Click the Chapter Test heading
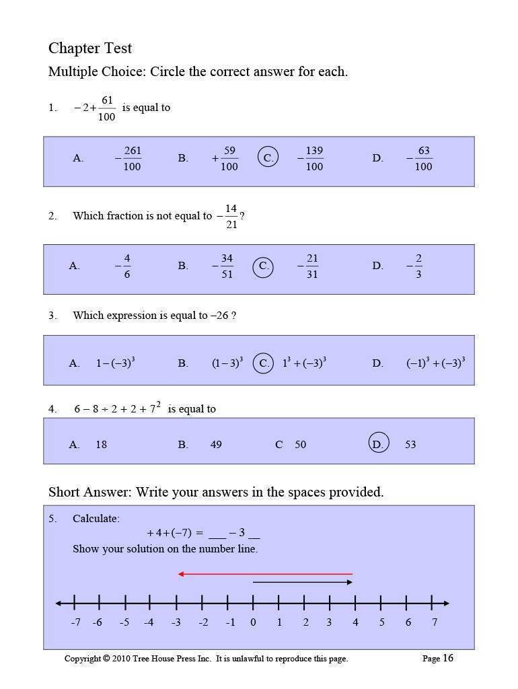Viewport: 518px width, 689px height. (x=90, y=48)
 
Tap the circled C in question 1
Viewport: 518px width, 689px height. (x=268, y=158)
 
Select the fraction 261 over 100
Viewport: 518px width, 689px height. (x=132, y=159)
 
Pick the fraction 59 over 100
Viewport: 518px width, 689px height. (x=229, y=159)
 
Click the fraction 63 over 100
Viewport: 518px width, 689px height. (x=423, y=159)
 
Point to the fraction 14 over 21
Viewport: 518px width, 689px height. (x=231, y=217)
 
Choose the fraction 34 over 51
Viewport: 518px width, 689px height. (x=227, y=266)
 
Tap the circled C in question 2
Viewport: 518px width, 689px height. (x=264, y=266)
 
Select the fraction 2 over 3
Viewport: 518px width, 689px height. (x=418, y=266)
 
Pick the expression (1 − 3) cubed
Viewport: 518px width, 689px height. (x=227, y=363)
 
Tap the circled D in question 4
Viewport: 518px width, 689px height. (x=379, y=444)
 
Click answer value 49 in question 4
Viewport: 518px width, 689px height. (x=216, y=445)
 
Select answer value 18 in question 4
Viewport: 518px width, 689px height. (x=101, y=445)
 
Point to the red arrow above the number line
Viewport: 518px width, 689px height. (x=265, y=574)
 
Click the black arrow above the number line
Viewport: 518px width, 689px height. (x=303, y=582)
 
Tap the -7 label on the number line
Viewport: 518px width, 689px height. (x=75, y=622)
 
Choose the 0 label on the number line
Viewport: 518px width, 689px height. (x=253, y=622)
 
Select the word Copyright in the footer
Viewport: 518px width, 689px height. (x=83, y=659)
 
